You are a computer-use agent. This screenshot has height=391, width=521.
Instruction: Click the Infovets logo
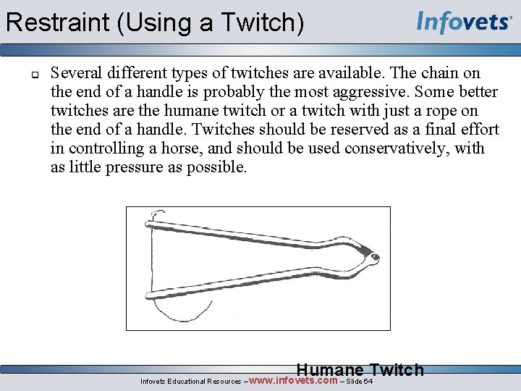464,22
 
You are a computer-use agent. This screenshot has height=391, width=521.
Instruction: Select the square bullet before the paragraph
34,73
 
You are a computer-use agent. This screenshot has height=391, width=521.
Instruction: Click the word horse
180,148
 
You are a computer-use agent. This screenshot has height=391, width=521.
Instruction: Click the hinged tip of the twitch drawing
370,255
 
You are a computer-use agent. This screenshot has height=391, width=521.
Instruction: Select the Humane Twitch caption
360,370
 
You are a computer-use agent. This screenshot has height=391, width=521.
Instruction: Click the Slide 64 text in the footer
359,382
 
